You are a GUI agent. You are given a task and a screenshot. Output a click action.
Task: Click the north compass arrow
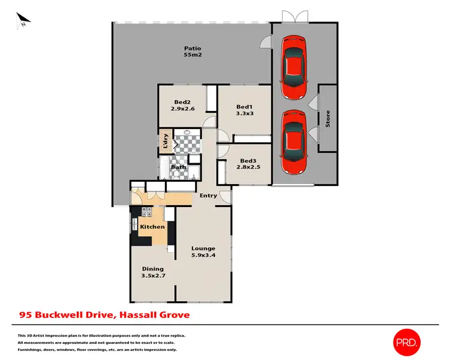click(x=23, y=22)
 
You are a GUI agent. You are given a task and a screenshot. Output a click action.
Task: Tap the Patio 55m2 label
click(x=192, y=52)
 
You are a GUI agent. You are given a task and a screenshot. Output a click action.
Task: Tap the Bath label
click(x=178, y=167)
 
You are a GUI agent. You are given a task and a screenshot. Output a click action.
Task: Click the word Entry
click(x=208, y=196)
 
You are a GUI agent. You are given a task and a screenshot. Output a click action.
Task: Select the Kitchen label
click(x=152, y=227)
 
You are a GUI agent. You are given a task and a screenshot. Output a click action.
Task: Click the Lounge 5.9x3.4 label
click(x=203, y=252)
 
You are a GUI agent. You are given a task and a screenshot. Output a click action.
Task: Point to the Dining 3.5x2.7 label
click(x=152, y=273)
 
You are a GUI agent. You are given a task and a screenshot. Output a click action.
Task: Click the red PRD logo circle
click(x=407, y=342)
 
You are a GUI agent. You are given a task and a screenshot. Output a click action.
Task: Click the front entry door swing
click(x=225, y=196)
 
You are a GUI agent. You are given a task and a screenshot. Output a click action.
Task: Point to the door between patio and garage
click(x=264, y=42)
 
